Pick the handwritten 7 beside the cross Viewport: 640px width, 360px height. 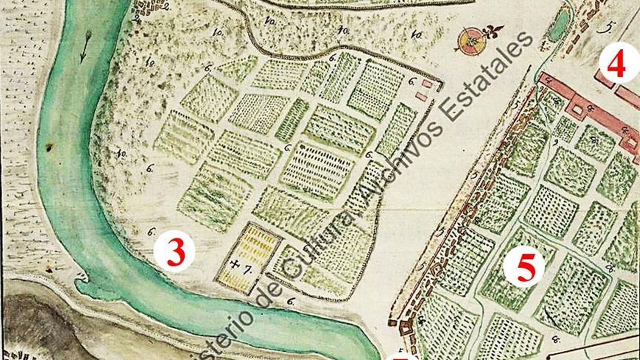(x=247, y=270)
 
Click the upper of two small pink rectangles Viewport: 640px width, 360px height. (x=427, y=83)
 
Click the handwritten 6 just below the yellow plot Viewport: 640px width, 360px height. (x=291, y=302)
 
